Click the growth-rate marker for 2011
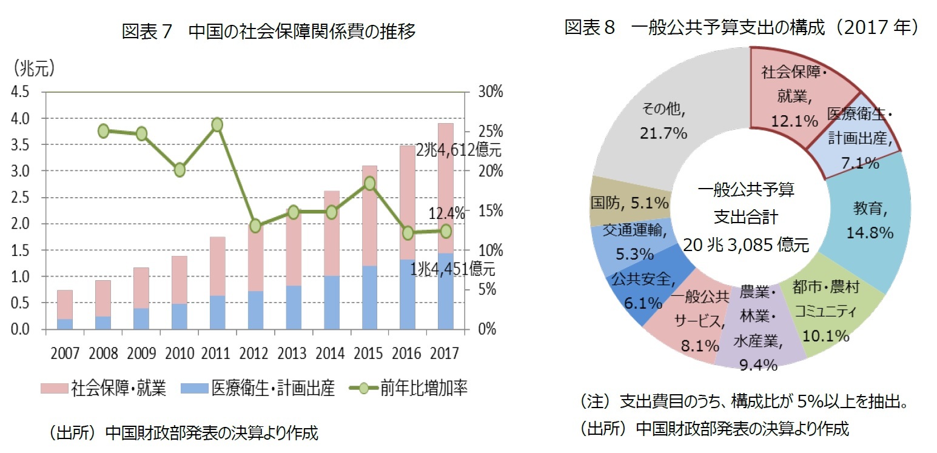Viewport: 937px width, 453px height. tap(218, 125)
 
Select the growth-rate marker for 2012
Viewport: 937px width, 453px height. tap(255, 226)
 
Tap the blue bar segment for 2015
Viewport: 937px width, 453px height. tap(370, 297)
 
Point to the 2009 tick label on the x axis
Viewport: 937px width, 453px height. tap(141, 353)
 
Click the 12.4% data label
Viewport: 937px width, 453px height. tap(446, 213)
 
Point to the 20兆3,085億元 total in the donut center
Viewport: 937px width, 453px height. tap(746, 245)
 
